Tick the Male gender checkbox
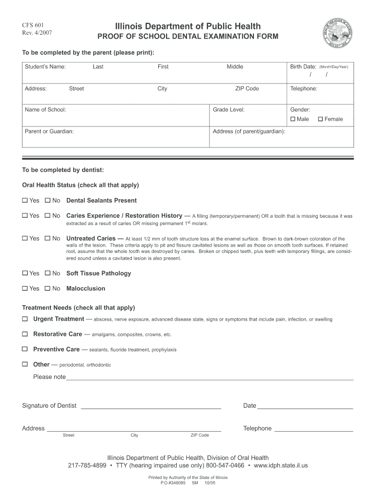(x=293, y=119)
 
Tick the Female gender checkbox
(x=321, y=119)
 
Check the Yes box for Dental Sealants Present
(x=25, y=201)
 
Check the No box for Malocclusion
(x=48, y=289)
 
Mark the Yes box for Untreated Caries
(x=25, y=238)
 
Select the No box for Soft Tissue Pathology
(x=48, y=273)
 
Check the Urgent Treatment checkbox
(x=25, y=319)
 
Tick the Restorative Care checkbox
(x=25, y=334)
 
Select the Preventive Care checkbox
(x=25, y=350)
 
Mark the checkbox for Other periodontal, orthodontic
(x=25, y=364)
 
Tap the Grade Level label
(x=229, y=110)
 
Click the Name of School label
(x=45, y=110)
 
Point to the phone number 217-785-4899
(x=87, y=465)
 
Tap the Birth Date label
(x=303, y=67)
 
